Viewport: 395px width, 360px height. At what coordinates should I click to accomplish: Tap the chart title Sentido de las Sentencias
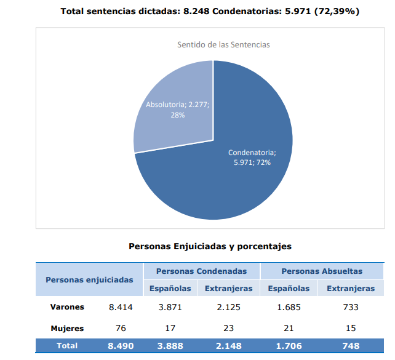[x=223, y=45]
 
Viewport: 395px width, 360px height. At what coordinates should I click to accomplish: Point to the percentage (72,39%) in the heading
[x=337, y=11]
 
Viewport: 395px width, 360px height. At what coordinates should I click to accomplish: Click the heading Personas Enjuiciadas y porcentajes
[x=210, y=246]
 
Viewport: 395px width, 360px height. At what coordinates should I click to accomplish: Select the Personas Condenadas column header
[x=201, y=271]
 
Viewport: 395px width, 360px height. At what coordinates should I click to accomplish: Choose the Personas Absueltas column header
[x=322, y=271]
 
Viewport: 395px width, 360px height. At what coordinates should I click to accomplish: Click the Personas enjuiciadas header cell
[x=89, y=279]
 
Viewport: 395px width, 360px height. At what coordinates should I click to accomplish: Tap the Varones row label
[x=68, y=306]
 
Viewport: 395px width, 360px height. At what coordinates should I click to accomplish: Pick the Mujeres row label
[x=67, y=328]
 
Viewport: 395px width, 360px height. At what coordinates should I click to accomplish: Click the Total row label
[x=67, y=346]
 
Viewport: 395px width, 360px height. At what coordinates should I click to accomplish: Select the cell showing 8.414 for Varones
[x=121, y=306]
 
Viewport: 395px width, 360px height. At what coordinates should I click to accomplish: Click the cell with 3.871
[x=170, y=306]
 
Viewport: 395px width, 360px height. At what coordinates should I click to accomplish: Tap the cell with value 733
[x=351, y=306]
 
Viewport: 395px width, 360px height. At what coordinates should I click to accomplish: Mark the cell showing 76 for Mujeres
[x=121, y=328]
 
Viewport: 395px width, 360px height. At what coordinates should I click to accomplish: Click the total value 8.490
[x=121, y=346]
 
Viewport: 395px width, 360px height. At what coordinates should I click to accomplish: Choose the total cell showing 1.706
[x=289, y=346]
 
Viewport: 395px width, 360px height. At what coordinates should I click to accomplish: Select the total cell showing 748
[x=351, y=346]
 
